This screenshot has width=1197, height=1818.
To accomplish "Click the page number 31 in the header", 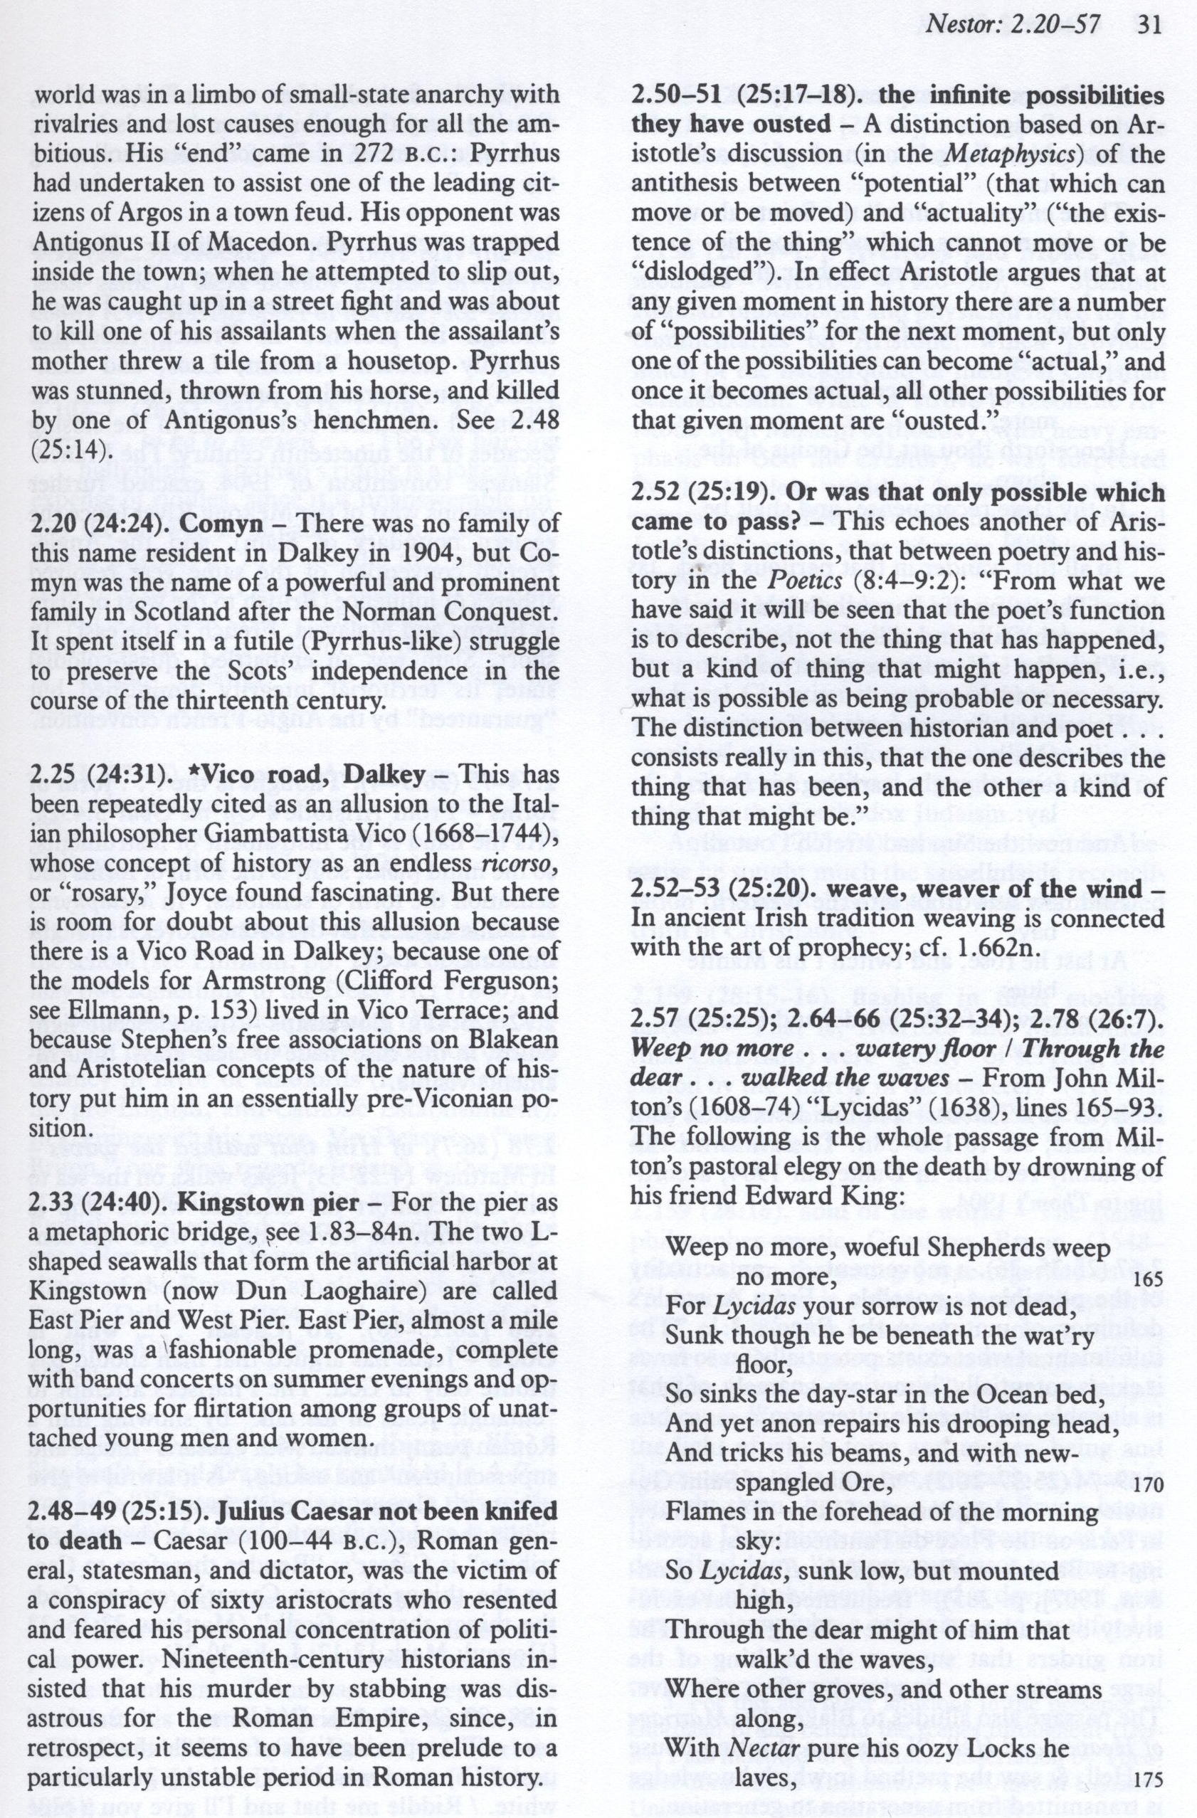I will click(x=1148, y=26).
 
